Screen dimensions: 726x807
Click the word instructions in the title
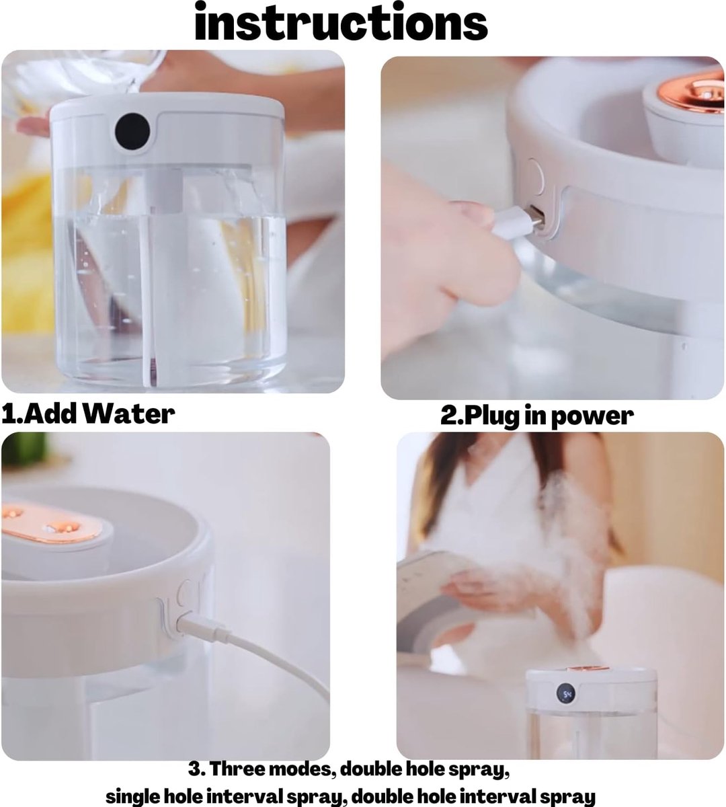tap(341, 22)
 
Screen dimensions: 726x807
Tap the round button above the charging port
tap(535, 177)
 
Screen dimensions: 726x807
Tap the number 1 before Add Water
tap(8, 415)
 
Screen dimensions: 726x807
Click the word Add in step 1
tap(52, 414)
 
